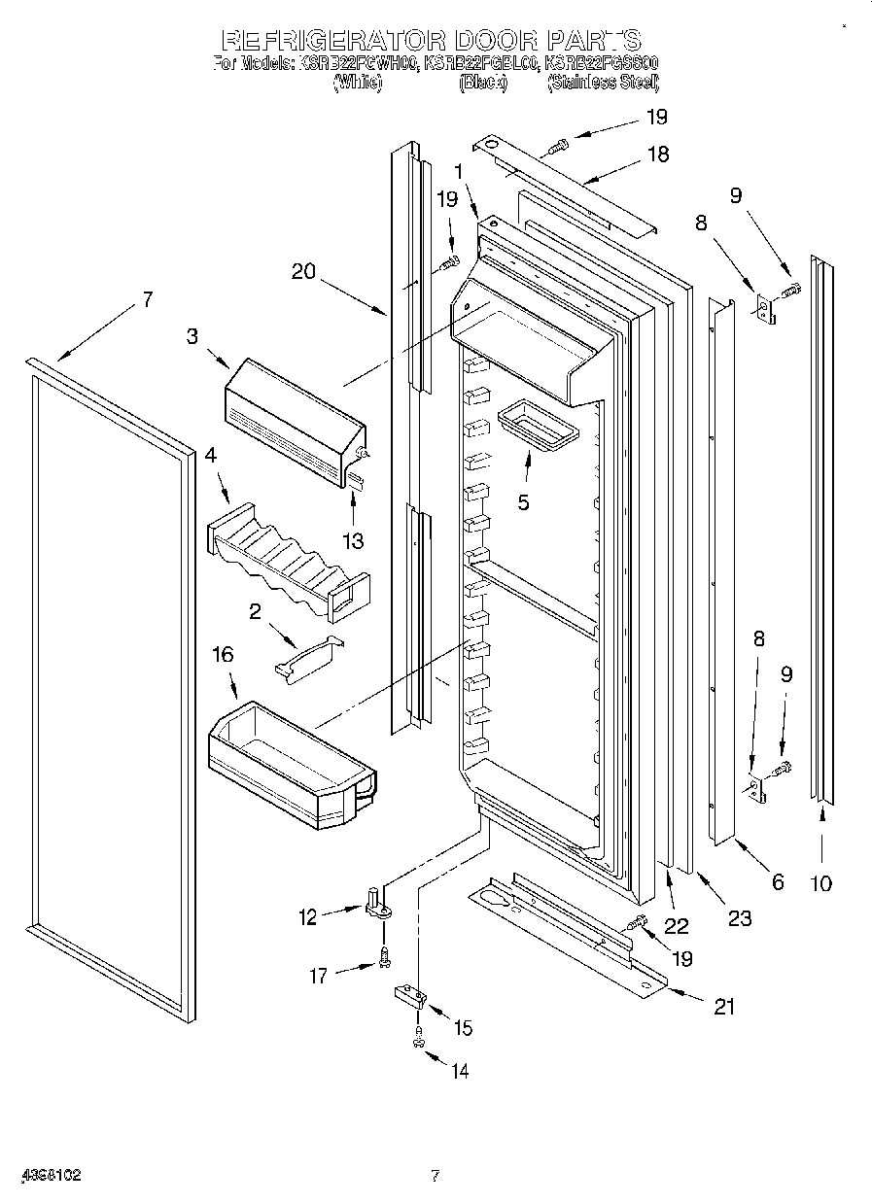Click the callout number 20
pyautogui.click(x=303, y=271)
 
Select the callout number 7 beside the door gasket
pyautogui.click(x=147, y=299)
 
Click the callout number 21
pyautogui.click(x=723, y=1007)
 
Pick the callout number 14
pyautogui.click(x=459, y=1071)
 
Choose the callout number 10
pyautogui.click(x=821, y=882)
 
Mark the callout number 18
pyautogui.click(x=658, y=154)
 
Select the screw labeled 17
pyautogui.click(x=385, y=959)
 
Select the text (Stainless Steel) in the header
pyautogui.click(x=603, y=84)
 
